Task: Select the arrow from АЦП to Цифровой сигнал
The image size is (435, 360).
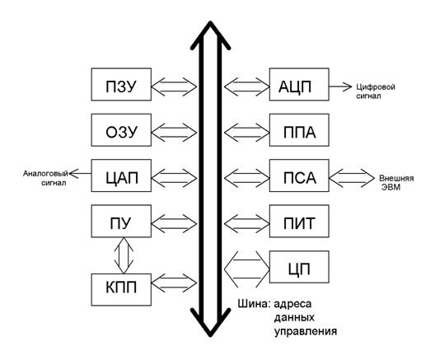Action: pyautogui.click(x=340, y=86)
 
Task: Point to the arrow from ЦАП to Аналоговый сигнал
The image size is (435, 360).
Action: pyautogui.click(x=80, y=174)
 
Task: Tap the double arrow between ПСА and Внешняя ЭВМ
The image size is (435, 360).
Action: pyautogui.click(x=352, y=178)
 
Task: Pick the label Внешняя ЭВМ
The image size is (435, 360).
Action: pyautogui.click(x=396, y=183)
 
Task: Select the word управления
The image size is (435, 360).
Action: pyautogui.click(x=306, y=331)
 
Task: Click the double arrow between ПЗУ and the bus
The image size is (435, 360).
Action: pyautogui.click(x=174, y=86)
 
